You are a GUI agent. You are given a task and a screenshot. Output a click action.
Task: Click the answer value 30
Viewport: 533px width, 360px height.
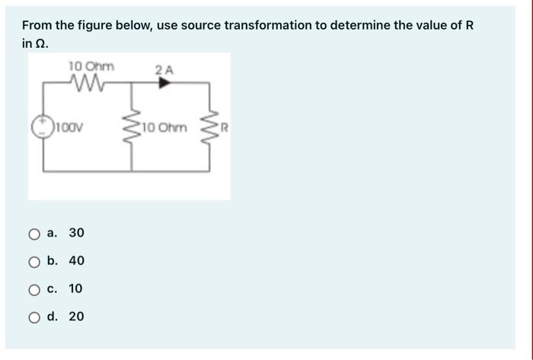[76, 232]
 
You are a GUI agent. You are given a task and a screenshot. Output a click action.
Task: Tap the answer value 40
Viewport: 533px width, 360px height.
[76, 260]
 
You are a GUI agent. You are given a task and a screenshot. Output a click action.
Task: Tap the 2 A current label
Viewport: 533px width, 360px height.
[164, 70]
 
